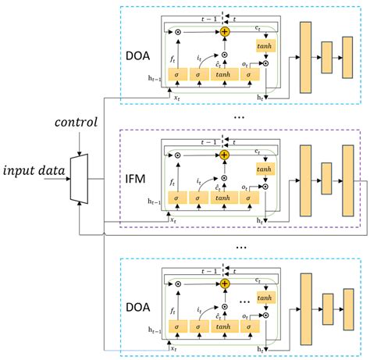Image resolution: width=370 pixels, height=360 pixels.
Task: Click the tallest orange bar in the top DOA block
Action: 305,59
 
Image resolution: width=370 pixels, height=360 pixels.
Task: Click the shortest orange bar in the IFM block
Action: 326,182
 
